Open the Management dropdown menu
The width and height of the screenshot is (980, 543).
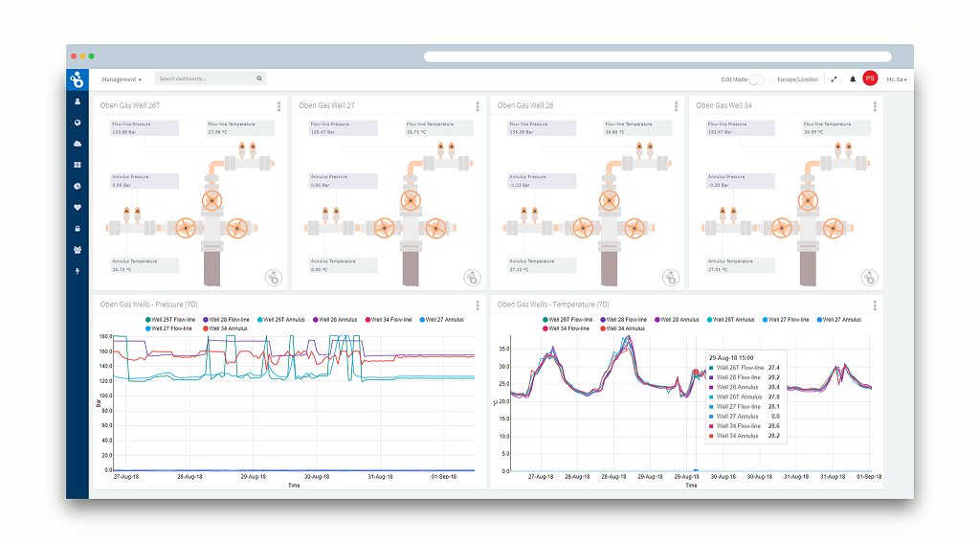point(121,79)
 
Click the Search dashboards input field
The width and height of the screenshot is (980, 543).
point(206,79)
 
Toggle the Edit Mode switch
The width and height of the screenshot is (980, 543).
point(756,79)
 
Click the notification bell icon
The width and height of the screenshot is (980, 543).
point(853,79)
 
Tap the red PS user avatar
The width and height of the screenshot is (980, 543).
point(870,79)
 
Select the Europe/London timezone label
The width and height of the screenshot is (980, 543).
point(797,79)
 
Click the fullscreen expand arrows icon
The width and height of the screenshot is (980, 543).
point(834,79)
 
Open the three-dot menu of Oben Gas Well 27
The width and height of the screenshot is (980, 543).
point(478,105)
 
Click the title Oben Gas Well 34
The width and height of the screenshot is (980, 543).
point(724,105)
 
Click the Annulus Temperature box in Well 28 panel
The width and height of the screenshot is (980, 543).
point(542,265)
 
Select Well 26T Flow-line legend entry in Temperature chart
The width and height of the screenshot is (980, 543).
point(572,319)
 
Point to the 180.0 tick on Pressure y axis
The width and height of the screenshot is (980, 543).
point(105,337)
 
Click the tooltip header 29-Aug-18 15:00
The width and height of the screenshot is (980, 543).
point(733,356)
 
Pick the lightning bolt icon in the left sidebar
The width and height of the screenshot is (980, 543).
point(78,272)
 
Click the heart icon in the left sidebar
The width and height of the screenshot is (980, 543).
point(78,207)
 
